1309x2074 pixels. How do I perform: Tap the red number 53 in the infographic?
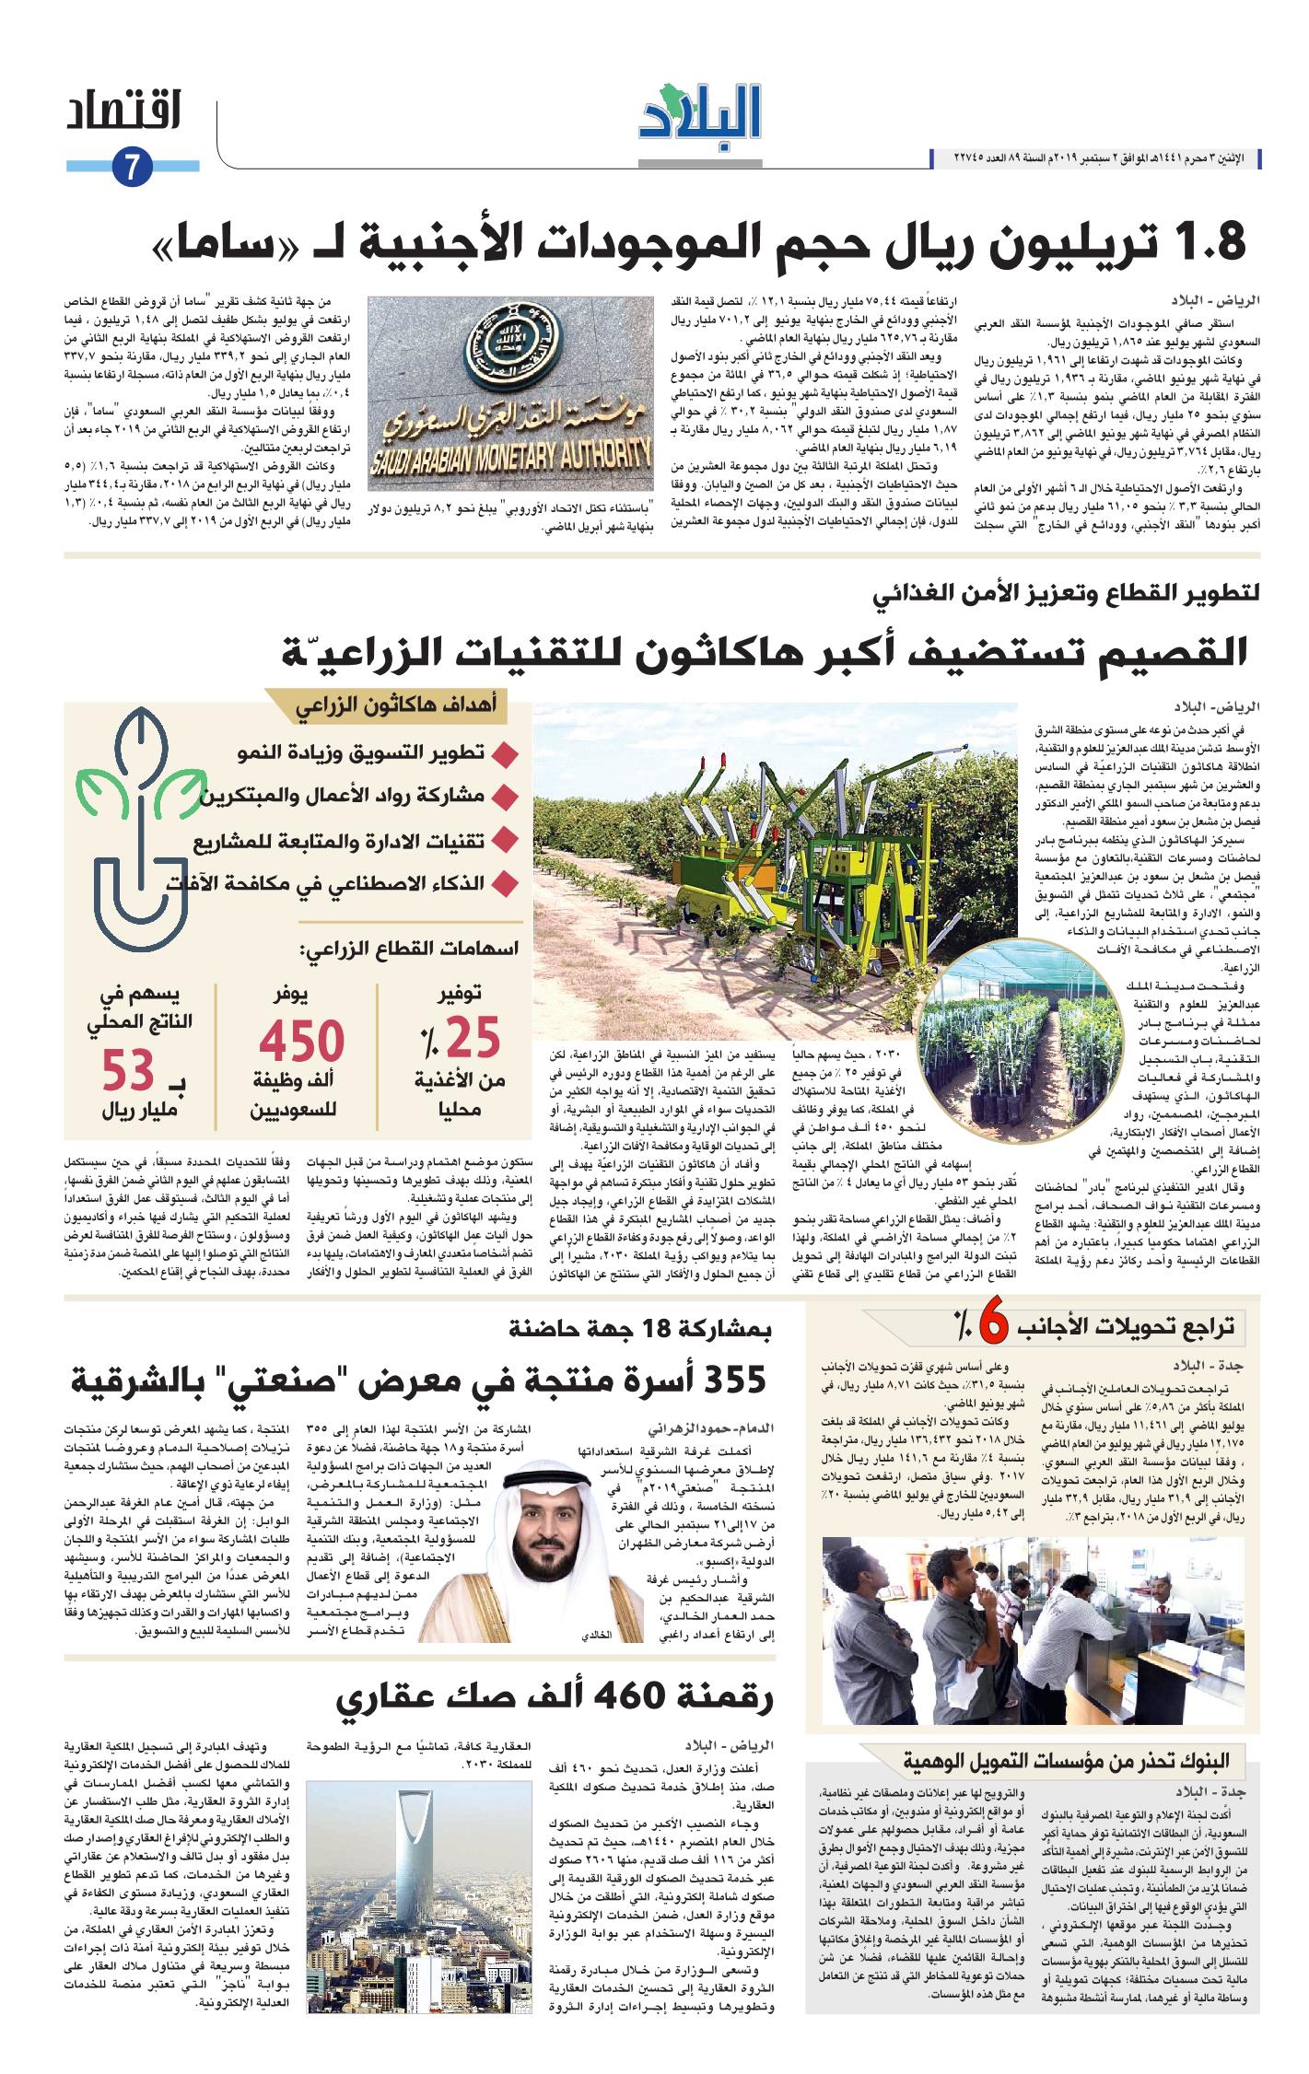[127, 1071]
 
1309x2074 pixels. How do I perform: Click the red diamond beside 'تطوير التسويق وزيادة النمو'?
[502, 755]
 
